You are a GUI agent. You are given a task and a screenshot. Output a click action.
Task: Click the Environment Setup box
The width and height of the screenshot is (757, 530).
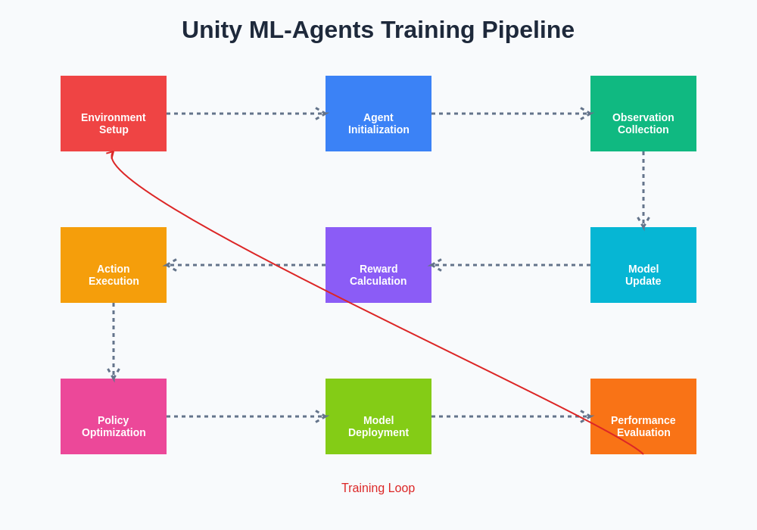coord(114,114)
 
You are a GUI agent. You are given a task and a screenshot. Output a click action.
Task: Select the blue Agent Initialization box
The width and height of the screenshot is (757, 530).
coord(378,114)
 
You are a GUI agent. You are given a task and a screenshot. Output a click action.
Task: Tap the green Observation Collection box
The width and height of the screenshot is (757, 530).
coord(643,114)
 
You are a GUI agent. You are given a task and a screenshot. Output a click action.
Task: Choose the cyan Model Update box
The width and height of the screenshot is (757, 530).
coord(643,265)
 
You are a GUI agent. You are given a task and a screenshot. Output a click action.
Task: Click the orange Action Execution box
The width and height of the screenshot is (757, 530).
coord(114,265)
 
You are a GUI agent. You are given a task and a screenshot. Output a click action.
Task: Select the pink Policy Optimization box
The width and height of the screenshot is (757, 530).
coord(114,416)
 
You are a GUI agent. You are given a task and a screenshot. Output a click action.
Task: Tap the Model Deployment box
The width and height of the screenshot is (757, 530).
coord(378,416)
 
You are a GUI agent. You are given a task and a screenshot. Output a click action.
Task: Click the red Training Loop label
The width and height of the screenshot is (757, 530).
coord(378,488)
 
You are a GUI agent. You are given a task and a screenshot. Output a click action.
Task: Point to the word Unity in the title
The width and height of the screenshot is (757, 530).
coord(212,30)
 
